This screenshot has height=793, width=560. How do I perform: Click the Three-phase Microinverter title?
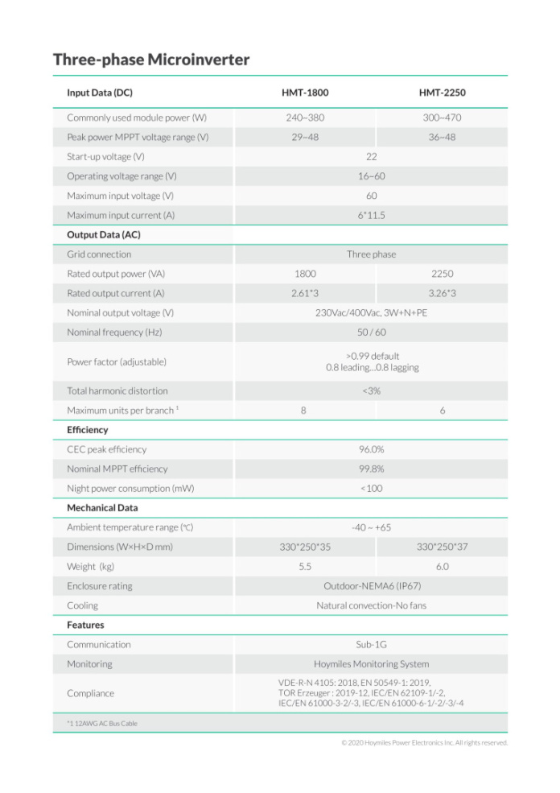pos(151,60)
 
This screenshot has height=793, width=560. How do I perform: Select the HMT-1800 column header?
pos(305,93)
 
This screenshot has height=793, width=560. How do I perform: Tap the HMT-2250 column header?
pos(442,93)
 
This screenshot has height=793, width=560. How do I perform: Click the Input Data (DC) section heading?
pos(101,93)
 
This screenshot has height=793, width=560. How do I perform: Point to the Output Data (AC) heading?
pos(104,235)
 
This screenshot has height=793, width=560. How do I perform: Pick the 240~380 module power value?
pos(305,118)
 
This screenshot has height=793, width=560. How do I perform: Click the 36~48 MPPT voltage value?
pos(442,137)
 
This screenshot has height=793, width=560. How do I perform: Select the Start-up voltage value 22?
pos(371,157)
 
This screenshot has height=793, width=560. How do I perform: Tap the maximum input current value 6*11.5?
pos(371,216)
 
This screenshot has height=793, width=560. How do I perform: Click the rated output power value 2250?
pos(442,274)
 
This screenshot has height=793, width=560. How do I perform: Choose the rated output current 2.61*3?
pos(305,294)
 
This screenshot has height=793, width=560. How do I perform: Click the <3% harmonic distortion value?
pos(371,391)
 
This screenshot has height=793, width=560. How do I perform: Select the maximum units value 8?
pos(303,411)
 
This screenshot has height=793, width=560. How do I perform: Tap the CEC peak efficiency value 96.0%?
pos(371,449)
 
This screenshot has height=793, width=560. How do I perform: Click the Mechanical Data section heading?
pos(102,508)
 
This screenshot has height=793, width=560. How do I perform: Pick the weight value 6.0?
pos(442,567)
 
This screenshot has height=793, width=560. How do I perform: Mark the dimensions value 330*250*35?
pos(305,547)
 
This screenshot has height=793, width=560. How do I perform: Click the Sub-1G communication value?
pos(371,645)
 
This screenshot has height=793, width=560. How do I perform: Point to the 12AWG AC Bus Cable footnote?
pos(102,724)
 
